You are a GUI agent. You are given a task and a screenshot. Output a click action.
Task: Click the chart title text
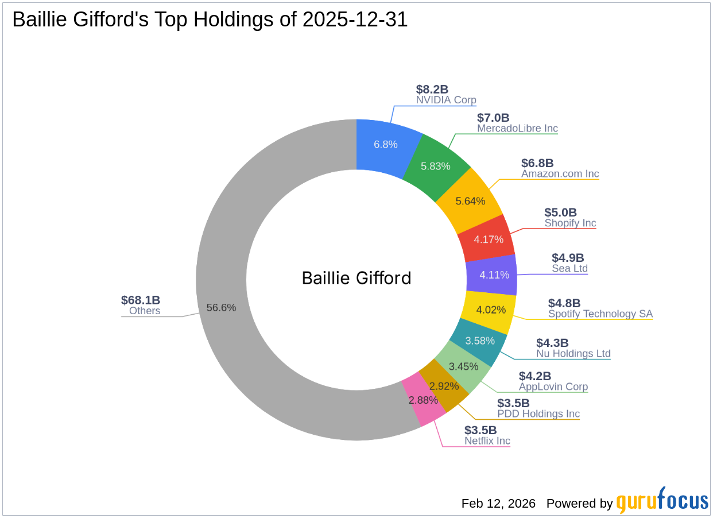point(210,20)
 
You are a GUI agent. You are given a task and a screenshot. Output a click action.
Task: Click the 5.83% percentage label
point(436,167)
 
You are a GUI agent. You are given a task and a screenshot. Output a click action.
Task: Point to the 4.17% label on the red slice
point(489,239)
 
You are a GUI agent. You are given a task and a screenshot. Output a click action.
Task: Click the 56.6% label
point(222,308)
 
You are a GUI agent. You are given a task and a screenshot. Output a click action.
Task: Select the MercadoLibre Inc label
point(517,129)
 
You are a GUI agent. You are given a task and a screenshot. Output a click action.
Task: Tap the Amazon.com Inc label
point(560,173)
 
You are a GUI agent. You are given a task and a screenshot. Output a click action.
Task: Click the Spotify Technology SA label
point(600,314)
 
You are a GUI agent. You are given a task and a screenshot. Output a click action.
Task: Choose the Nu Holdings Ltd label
point(573,354)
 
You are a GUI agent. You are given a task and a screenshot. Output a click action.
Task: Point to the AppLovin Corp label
point(553,387)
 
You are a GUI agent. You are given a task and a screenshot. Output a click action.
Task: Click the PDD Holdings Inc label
point(538,414)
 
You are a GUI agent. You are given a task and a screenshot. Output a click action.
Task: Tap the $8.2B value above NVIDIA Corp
point(432,89)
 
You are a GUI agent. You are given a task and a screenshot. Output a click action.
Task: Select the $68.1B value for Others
point(141,300)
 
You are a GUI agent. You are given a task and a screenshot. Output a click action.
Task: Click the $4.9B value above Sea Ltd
point(568,258)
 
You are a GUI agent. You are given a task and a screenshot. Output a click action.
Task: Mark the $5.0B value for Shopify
point(560,212)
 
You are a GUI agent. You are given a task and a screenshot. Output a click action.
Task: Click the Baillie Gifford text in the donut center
point(356,279)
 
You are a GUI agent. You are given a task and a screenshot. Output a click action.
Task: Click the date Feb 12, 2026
point(498,504)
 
